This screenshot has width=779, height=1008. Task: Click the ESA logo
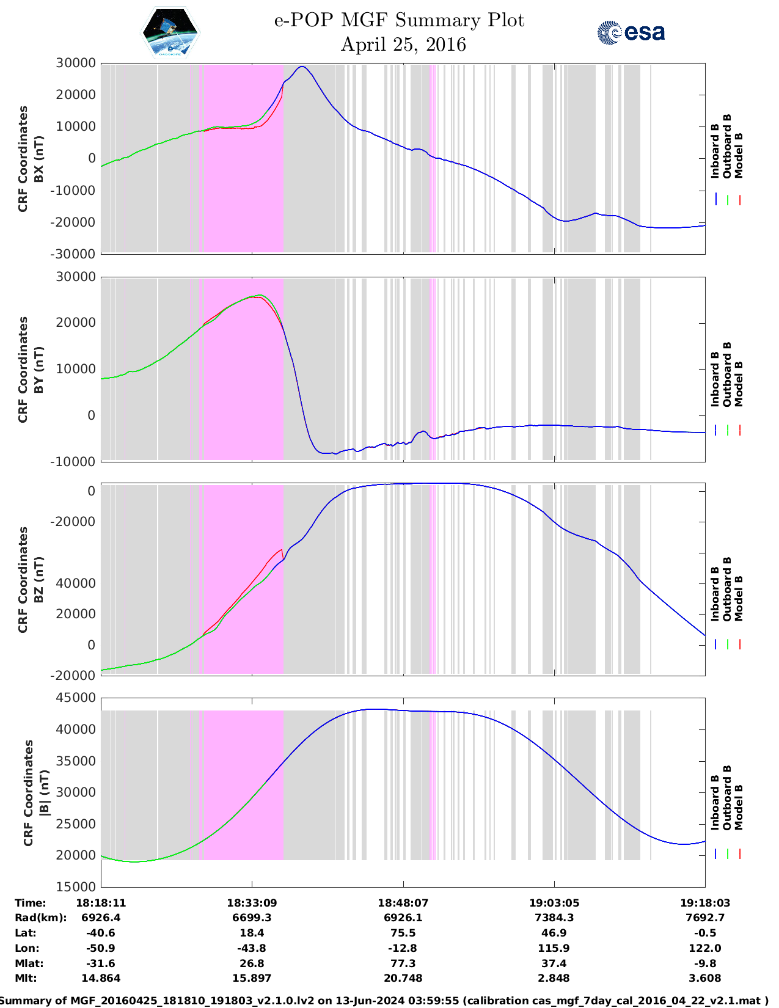pyautogui.click(x=631, y=32)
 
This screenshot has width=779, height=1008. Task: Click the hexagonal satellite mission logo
pyautogui.click(x=170, y=32)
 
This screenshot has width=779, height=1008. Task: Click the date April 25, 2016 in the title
pyautogui.click(x=403, y=45)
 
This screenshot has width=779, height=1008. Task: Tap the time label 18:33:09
pyautogui.click(x=252, y=903)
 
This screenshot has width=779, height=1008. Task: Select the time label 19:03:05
pyautogui.click(x=554, y=903)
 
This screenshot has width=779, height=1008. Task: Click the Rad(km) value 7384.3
pyautogui.click(x=554, y=918)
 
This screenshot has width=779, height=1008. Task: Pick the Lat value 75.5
pyautogui.click(x=403, y=933)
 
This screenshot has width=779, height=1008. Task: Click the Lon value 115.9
pyautogui.click(x=554, y=948)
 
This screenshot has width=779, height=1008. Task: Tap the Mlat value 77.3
pyautogui.click(x=403, y=963)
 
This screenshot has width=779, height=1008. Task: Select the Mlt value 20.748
pyautogui.click(x=403, y=978)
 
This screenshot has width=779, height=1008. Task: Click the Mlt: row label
pyautogui.click(x=26, y=978)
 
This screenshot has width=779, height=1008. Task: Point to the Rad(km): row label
pyautogui.click(x=40, y=918)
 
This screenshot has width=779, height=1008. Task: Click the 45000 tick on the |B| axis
pyautogui.click(x=76, y=698)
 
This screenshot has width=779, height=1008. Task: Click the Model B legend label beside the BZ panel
pyautogui.click(x=739, y=599)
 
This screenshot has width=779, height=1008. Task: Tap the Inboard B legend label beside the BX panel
pyautogui.click(x=715, y=151)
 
